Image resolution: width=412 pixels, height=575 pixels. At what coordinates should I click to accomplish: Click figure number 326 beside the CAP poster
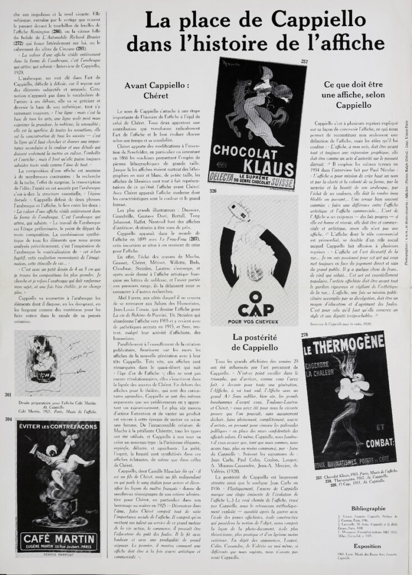click(x=213, y=191)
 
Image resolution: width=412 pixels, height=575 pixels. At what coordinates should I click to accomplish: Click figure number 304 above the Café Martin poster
click(x=8, y=419)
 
